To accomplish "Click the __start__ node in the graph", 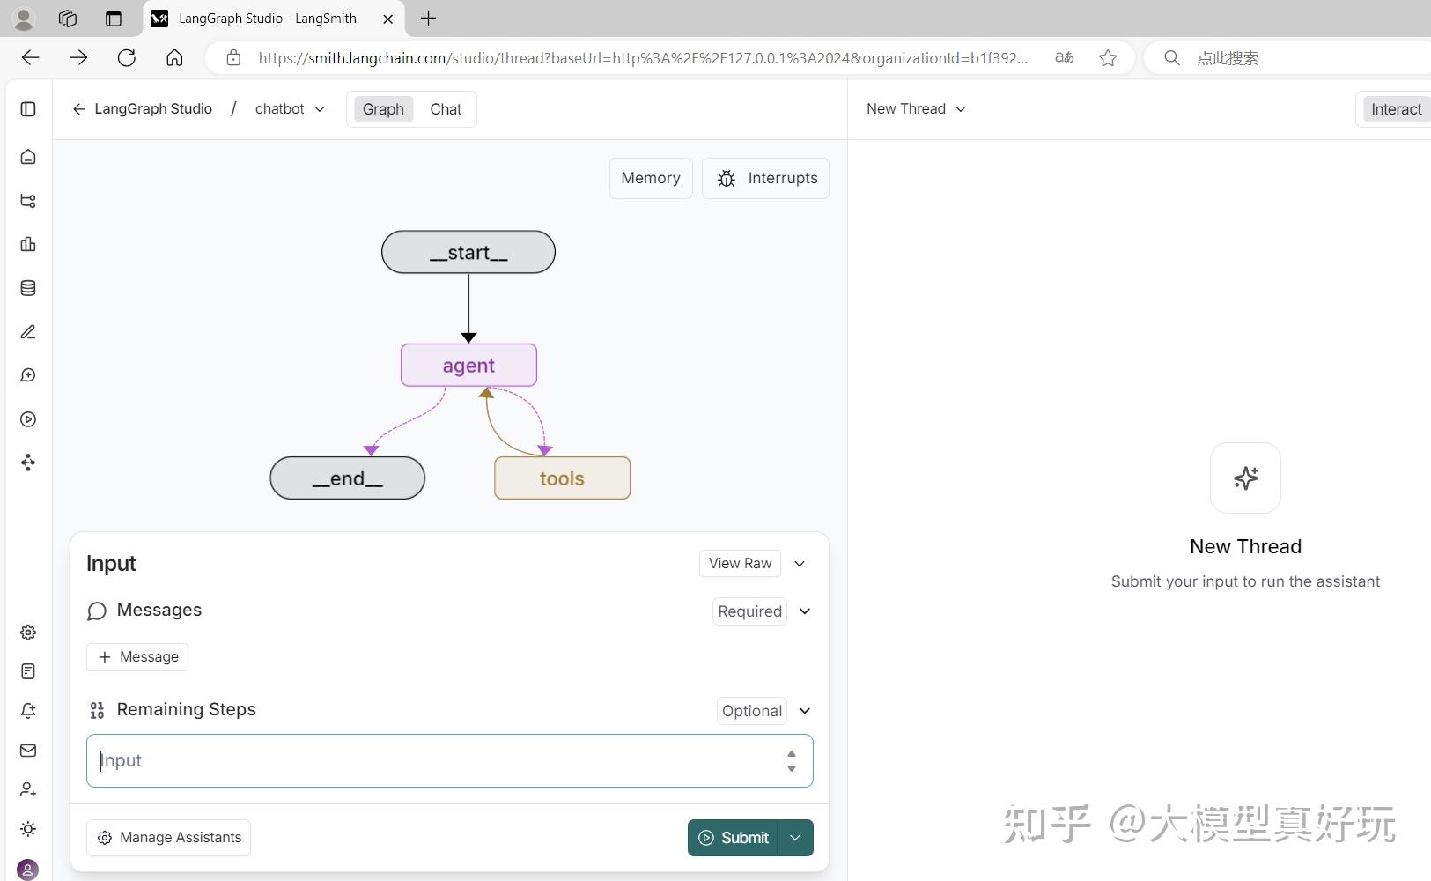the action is click(x=468, y=252).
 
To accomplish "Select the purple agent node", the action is click(x=468, y=365).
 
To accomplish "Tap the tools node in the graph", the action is click(x=562, y=478).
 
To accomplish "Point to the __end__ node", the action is click(x=348, y=478).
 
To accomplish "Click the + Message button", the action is click(x=137, y=656).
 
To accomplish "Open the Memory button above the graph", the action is click(x=651, y=178).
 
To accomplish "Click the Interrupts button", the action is click(x=766, y=178).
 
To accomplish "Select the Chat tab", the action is click(x=446, y=109).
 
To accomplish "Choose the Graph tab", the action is click(x=383, y=109).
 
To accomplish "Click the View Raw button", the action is click(x=740, y=563).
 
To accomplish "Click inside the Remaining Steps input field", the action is click(x=441, y=760).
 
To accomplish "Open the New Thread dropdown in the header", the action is click(x=916, y=108).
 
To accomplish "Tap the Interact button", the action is click(x=1396, y=109).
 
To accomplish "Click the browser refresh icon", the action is click(x=127, y=57).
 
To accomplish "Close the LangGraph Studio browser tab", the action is click(x=387, y=19).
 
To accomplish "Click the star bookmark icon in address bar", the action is click(x=1108, y=58).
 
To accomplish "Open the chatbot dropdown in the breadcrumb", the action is click(x=290, y=108).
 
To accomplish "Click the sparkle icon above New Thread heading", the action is click(x=1246, y=478).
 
